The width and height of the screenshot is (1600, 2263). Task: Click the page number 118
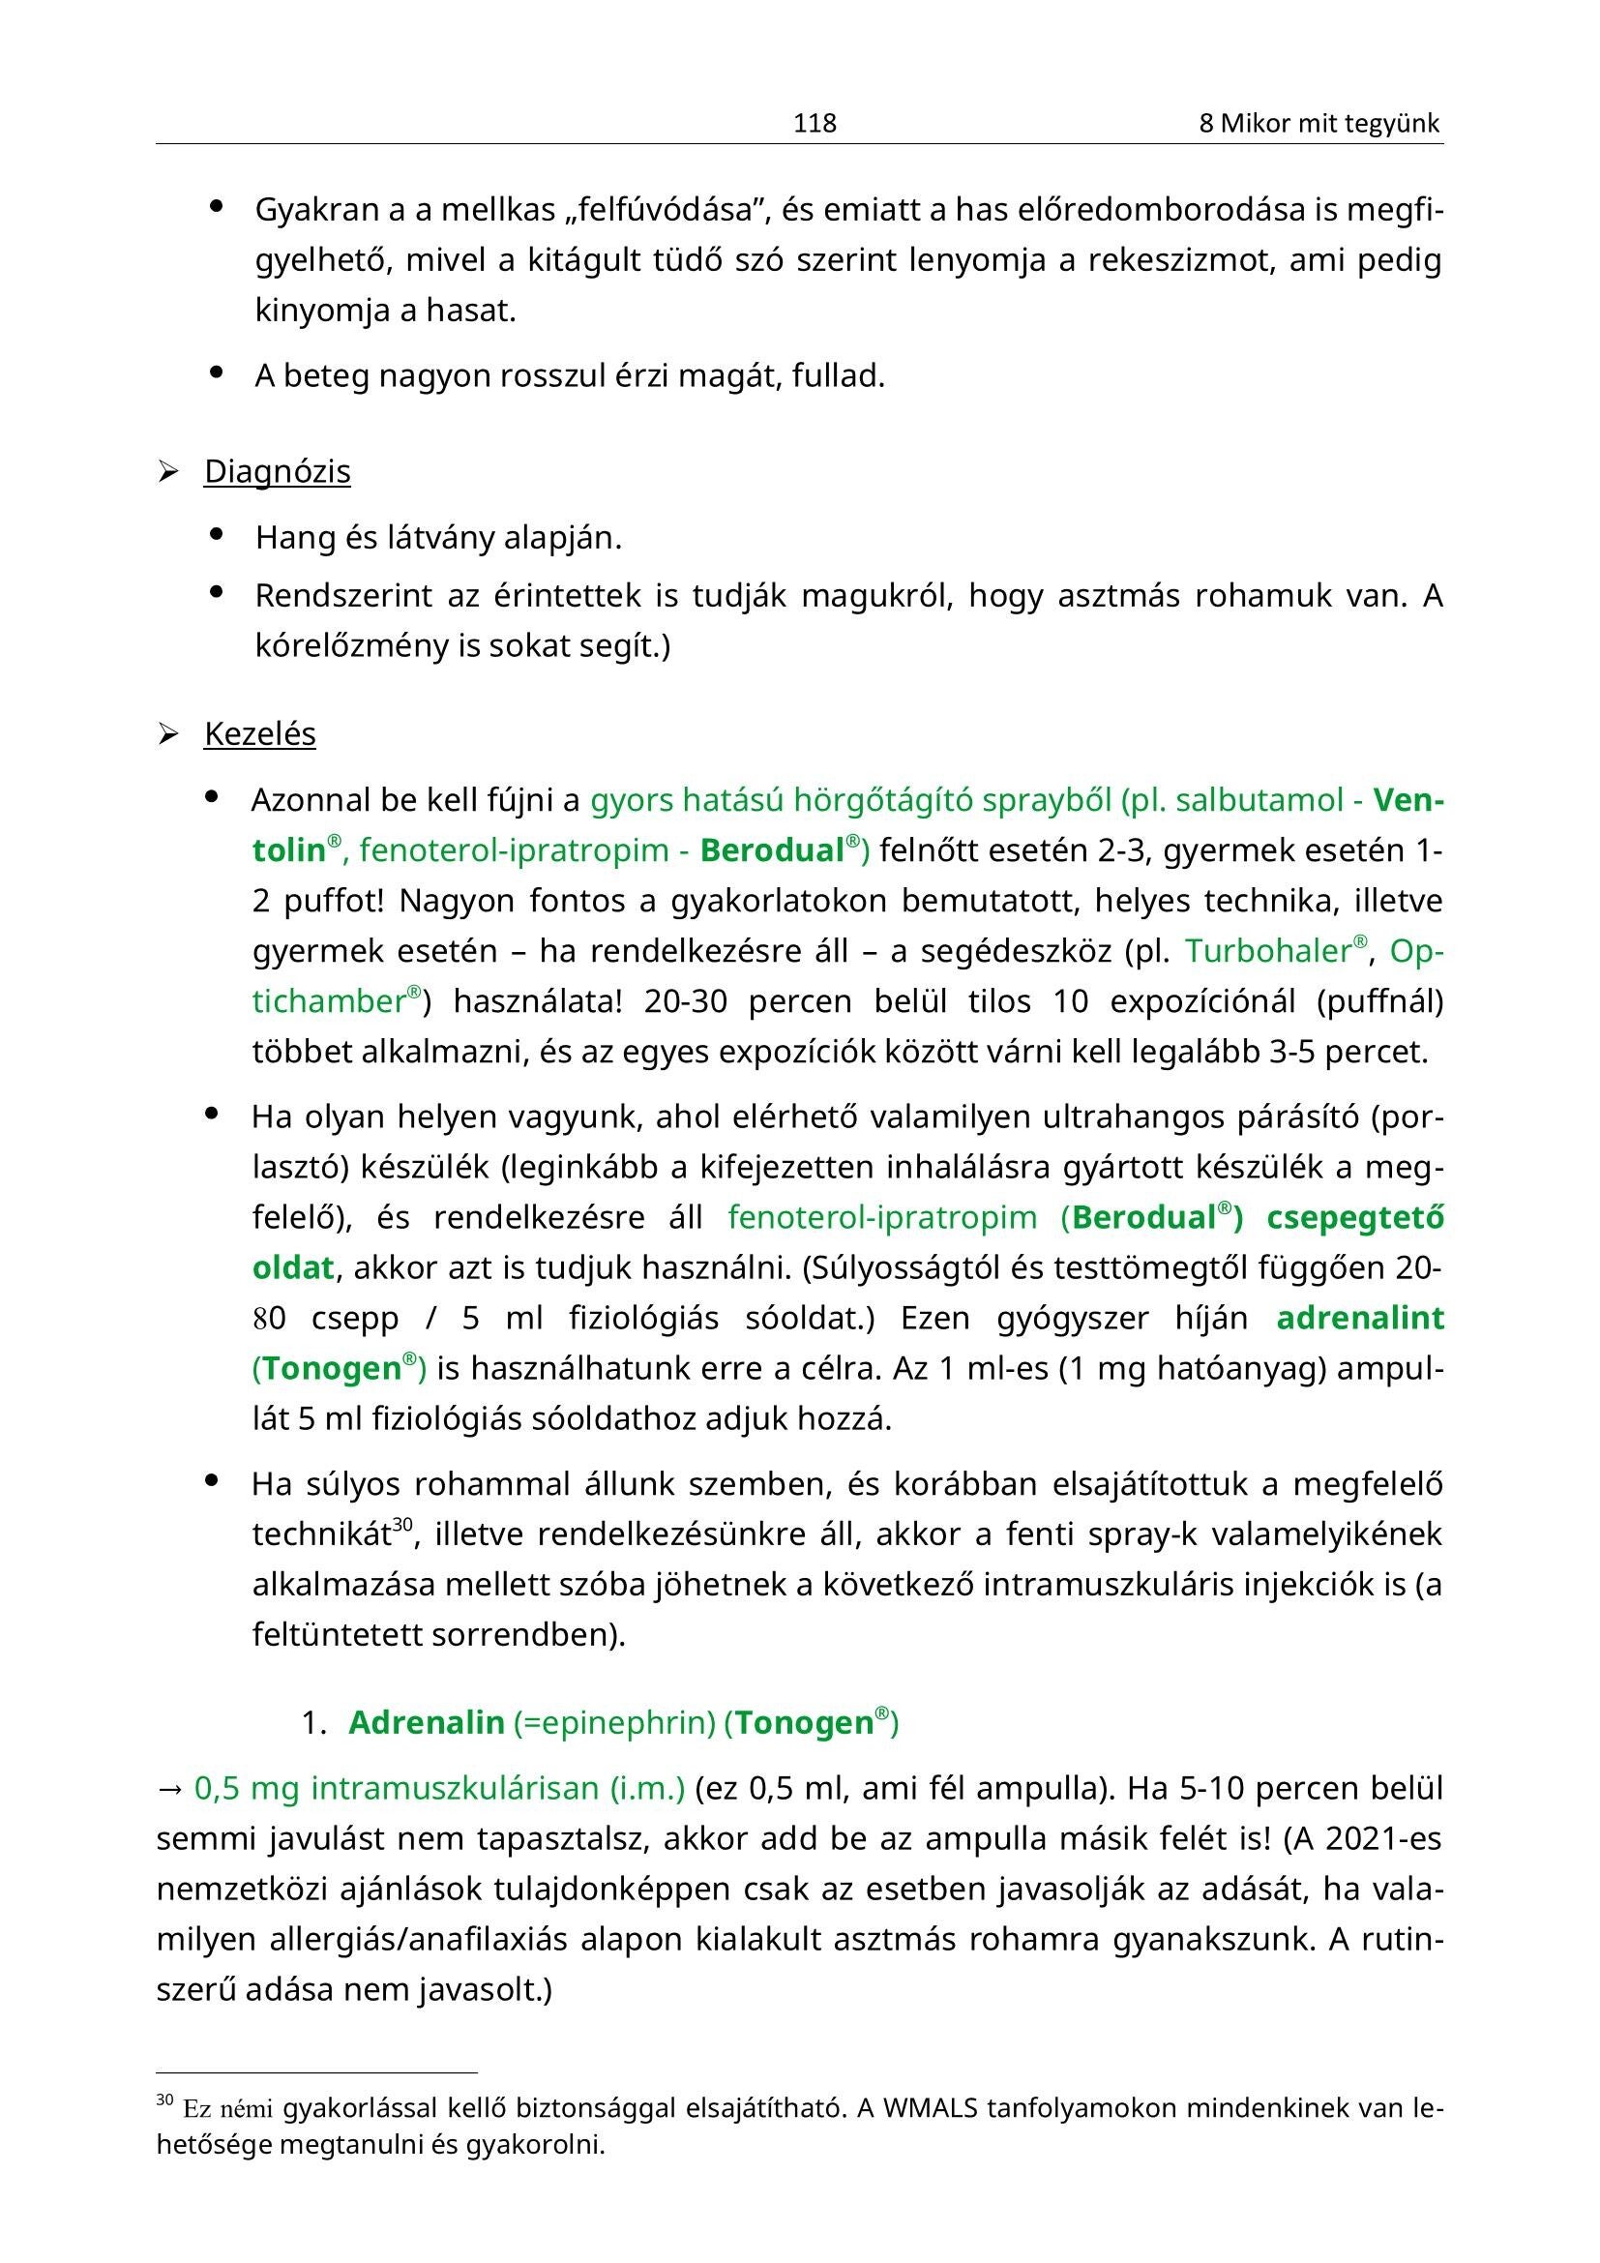815,123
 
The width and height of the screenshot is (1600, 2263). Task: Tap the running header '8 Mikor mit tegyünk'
1319,123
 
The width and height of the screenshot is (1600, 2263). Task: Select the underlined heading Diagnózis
277,472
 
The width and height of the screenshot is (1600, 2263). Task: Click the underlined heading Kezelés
259,734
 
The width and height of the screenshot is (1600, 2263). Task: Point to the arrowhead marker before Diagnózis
167,473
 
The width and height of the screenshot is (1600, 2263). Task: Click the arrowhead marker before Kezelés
167,735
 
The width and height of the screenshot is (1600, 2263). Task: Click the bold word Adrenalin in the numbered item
426,1723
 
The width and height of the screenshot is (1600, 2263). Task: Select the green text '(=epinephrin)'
615,1723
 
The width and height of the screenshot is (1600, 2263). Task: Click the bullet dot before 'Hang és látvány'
217,535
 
